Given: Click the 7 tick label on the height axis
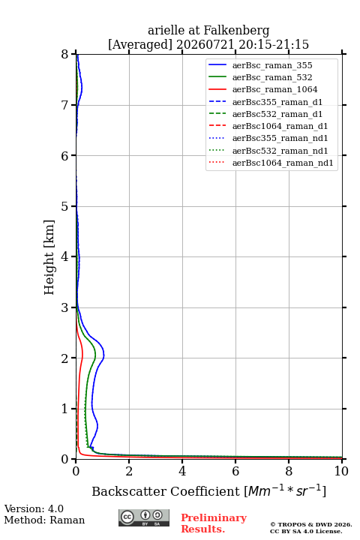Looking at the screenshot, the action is click(65, 105).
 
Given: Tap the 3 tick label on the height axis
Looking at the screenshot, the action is click(65, 307).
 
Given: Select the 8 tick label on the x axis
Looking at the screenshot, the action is click(289, 471).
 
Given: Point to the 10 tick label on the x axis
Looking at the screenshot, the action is click(341, 471).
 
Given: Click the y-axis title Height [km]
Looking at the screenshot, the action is click(49, 257).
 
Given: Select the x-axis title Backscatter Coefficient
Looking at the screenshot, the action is click(165, 491).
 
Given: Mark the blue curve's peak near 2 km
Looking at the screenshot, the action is click(103, 355).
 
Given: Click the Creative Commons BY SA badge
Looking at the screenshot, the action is click(144, 517).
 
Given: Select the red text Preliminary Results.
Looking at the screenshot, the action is click(214, 523).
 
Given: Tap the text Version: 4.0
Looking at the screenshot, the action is click(34, 509).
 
